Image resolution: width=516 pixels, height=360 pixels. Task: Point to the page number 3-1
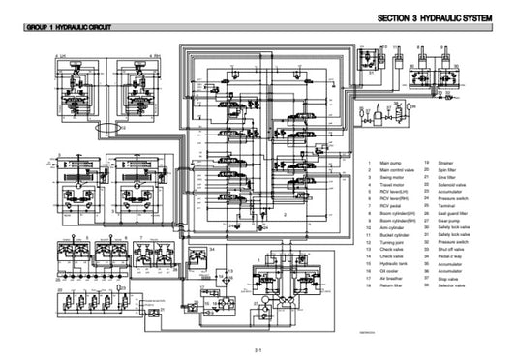coord(258,346)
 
